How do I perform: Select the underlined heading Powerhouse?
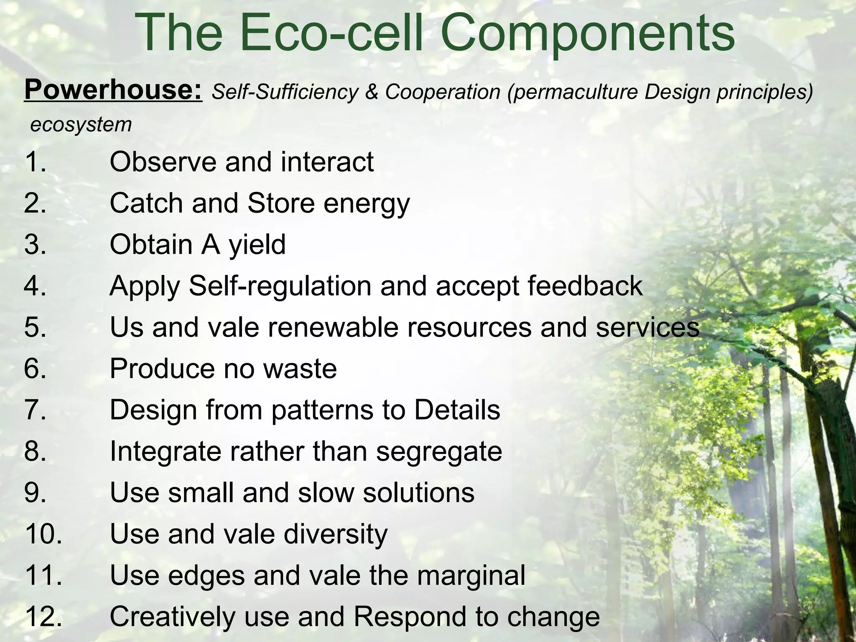(x=113, y=90)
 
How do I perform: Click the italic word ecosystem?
(x=81, y=125)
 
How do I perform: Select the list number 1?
(x=35, y=162)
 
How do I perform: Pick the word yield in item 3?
(x=257, y=245)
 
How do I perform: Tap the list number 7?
(x=35, y=410)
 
